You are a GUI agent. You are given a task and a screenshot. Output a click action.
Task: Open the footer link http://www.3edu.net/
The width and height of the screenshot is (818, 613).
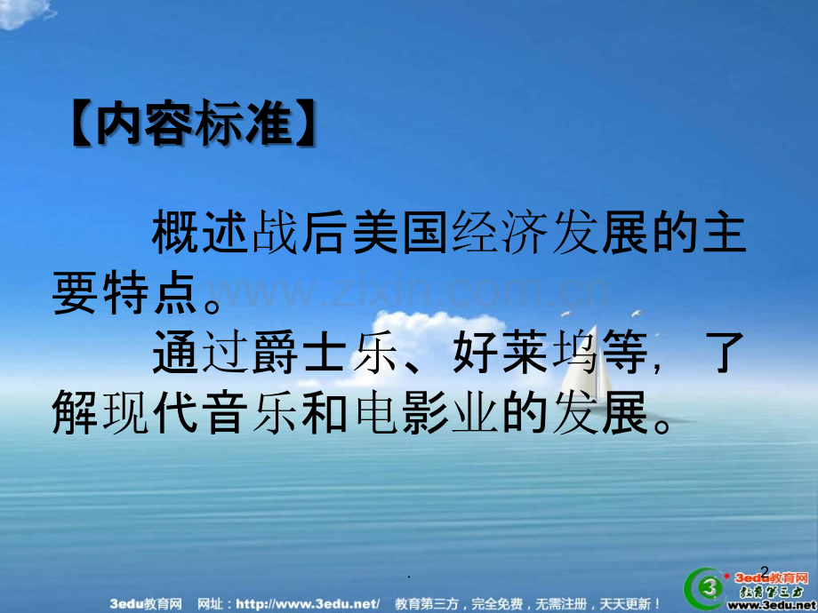(317, 604)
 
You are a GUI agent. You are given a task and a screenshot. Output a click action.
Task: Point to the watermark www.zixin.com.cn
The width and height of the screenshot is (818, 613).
(409, 291)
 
